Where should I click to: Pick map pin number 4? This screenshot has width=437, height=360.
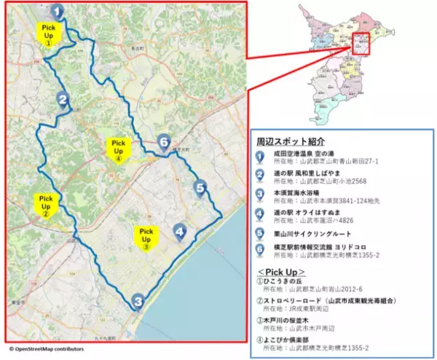pos(180,232)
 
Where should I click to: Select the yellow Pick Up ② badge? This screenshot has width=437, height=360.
pos(46,203)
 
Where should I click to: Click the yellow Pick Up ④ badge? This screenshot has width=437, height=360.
pos(118,148)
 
